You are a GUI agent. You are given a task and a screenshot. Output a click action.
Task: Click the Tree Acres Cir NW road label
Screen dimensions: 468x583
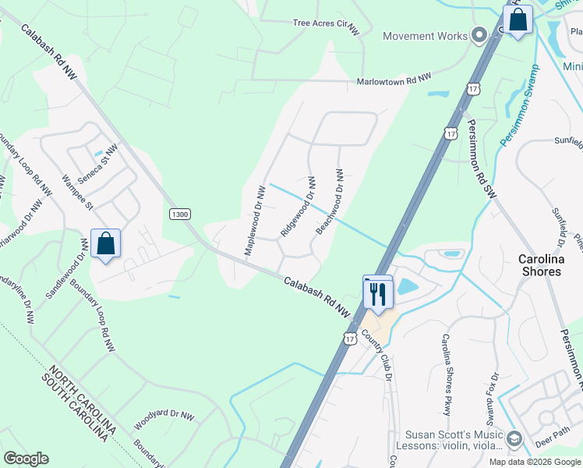click(324, 23)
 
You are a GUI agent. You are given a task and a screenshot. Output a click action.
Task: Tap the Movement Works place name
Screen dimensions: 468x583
click(426, 36)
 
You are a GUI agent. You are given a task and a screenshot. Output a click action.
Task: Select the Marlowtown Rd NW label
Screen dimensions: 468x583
click(394, 80)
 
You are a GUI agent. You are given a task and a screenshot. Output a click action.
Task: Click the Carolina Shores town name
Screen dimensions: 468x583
click(551, 265)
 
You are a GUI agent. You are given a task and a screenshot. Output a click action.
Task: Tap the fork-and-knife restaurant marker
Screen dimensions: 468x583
click(377, 293)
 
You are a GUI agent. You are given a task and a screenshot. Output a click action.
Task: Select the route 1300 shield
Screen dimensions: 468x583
click(180, 214)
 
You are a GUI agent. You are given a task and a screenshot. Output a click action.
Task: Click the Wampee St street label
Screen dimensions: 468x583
click(77, 193)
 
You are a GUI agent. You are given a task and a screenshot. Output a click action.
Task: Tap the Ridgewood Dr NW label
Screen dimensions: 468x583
click(298, 207)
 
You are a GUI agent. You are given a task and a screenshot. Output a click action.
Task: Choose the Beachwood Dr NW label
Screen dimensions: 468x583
click(330, 202)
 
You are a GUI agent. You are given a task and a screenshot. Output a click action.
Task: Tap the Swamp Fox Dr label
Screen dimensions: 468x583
click(494, 383)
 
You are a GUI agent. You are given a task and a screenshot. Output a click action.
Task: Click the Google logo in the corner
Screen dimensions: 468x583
click(26, 458)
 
